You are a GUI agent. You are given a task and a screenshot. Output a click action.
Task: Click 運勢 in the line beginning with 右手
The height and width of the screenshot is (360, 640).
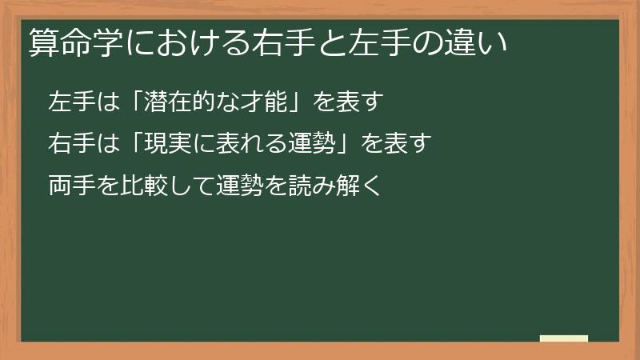tap(313, 145)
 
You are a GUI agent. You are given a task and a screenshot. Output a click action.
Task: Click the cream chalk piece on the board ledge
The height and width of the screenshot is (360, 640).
tap(564, 339)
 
